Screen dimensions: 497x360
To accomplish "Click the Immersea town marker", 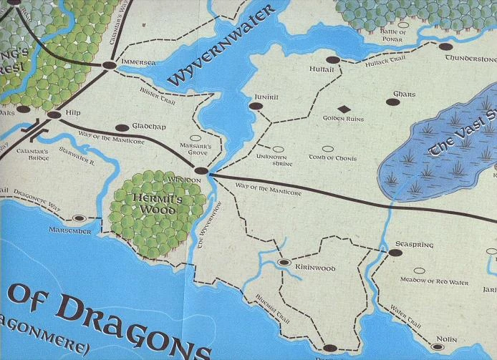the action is click(x=109, y=65).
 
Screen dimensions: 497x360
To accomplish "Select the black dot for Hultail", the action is click(x=332, y=60).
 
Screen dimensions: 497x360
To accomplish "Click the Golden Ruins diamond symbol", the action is click(x=344, y=109).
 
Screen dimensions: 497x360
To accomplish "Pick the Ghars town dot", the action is click(x=392, y=102).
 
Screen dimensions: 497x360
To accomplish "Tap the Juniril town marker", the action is click(x=254, y=106).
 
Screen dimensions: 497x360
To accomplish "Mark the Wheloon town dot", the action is click(x=201, y=171).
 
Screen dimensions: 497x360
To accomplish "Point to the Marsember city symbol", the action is click(x=79, y=218).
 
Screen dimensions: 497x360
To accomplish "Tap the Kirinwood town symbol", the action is click(x=283, y=263).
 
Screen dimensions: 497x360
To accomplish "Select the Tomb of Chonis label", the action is click(x=332, y=157).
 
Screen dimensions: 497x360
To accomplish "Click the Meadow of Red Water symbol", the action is click(x=420, y=271).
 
